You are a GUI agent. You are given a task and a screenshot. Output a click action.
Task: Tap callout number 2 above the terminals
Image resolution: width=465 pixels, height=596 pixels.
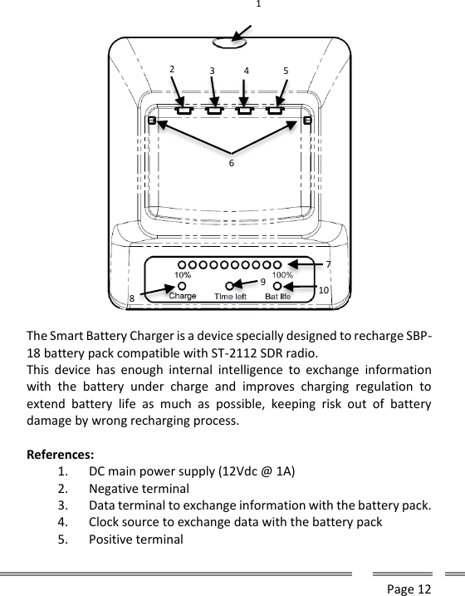(x=172, y=70)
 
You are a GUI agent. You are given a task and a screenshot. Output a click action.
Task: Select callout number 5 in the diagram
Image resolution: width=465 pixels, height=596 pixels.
(x=286, y=71)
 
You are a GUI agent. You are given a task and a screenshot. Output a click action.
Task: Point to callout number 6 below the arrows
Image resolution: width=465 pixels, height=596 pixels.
(x=232, y=164)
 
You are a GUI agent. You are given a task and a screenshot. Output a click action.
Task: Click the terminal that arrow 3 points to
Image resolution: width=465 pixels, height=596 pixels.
(x=214, y=109)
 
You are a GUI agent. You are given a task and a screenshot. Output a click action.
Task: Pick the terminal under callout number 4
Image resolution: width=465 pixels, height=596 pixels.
(x=245, y=109)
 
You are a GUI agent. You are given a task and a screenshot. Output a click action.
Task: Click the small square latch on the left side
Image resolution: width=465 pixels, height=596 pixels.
(x=152, y=121)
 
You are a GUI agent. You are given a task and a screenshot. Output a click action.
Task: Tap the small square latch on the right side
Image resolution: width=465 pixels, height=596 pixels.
(x=307, y=121)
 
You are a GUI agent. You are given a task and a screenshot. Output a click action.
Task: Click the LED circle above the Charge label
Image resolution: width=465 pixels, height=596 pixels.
(x=182, y=284)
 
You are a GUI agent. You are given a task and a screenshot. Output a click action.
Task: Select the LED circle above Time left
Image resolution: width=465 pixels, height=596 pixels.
(x=230, y=285)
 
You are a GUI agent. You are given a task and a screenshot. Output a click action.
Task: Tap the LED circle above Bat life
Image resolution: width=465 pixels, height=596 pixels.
(x=277, y=285)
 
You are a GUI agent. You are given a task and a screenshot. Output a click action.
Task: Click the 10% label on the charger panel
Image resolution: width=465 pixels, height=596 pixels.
(x=183, y=273)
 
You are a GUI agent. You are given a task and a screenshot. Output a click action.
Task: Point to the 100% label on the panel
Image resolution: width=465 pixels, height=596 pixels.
(x=282, y=273)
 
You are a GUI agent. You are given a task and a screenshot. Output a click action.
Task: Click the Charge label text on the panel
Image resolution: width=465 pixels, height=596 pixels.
(x=183, y=296)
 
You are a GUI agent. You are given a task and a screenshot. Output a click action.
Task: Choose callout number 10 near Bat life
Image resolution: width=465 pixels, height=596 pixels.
(x=324, y=289)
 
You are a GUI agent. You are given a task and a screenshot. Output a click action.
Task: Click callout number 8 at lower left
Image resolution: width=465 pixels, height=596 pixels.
(x=131, y=298)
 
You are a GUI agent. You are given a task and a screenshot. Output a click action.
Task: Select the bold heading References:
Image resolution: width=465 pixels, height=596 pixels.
(x=61, y=456)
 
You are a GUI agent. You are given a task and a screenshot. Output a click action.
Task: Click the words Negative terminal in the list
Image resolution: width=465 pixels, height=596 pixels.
(x=139, y=489)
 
